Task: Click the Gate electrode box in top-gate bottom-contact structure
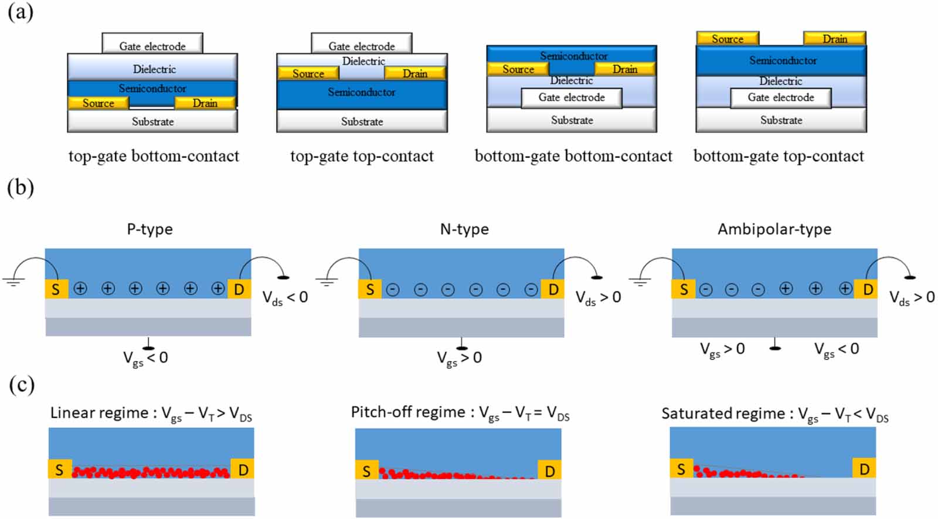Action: pyautogui.click(x=152, y=44)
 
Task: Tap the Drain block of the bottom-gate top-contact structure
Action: pyautogui.click(x=834, y=39)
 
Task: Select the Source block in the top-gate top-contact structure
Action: pyautogui.click(x=308, y=73)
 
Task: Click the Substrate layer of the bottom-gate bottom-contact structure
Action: pyautogui.click(x=572, y=120)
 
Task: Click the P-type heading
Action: pyautogui.click(x=149, y=229)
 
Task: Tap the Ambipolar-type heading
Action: pyautogui.click(x=774, y=229)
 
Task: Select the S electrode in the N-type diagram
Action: pyautogui.click(x=370, y=289)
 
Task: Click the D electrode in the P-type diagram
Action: pyautogui.click(x=239, y=289)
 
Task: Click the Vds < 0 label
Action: pyautogui.click(x=284, y=298)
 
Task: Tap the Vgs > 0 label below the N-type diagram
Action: pyautogui.click(x=459, y=358)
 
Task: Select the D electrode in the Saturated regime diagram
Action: pyautogui.click(x=864, y=469)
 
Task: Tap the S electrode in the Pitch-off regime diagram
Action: pyautogui.click(x=366, y=471)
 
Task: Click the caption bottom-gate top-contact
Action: pyautogui.click(x=779, y=156)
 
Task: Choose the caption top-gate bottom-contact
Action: pyautogui.click(x=154, y=156)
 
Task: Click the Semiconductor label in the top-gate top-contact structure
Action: pyautogui.click(x=361, y=92)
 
